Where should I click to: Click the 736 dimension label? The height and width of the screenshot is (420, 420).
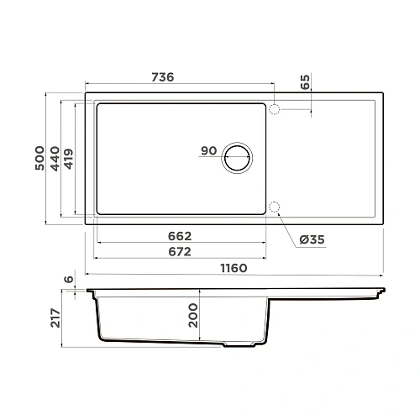click(x=161, y=77)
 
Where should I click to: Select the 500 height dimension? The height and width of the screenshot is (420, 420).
click(x=39, y=157)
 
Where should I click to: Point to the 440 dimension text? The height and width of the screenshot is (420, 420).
click(x=55, y=157)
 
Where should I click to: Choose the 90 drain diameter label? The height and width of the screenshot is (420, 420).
click(x=209, y=151)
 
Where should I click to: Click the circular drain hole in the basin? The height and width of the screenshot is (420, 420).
click(x=238, y=157)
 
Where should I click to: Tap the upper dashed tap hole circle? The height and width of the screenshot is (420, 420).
click(x=275, y=108)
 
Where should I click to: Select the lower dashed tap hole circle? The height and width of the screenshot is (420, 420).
click(x=275, y=207)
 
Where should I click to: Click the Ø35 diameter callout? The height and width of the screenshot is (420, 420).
click(x=312, y=240)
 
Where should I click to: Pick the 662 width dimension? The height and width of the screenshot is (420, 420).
click(x=179, y=235)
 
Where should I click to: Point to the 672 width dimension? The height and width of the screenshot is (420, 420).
click(x=179, y=251)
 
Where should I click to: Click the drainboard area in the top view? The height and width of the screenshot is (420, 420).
click(x=328, y=160)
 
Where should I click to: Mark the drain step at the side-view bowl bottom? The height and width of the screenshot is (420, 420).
click(x=239, y=345)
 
